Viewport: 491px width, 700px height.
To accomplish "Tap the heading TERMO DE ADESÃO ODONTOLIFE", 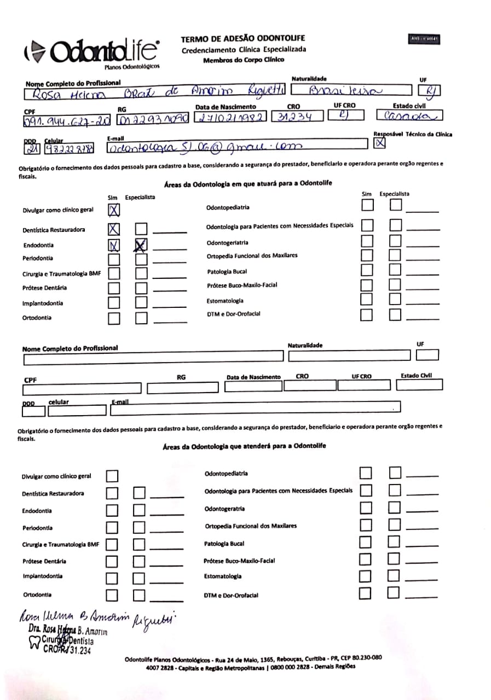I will (x=242, y=38).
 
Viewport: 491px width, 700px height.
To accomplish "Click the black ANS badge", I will (x=424, y=39).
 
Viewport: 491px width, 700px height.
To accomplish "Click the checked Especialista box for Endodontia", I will (x=141, y=246).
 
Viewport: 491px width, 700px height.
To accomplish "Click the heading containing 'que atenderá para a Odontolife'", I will (x=244, y=446).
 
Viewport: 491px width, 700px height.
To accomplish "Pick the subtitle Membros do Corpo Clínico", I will (x=244, y=60).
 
